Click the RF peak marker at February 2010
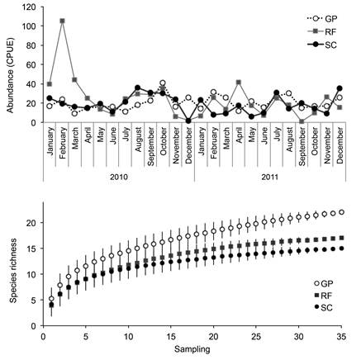tap(62, 21)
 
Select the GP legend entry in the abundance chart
tap(322, 19)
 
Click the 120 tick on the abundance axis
tap(30, 7)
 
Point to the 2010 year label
tap(119, 177)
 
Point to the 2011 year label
tap(270, 177)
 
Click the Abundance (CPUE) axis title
tap(10, 75)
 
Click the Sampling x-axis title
tap(192, 349)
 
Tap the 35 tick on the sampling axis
tap(341, 337)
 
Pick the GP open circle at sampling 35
tap(341, 212)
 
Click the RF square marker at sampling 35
tap(341, 238)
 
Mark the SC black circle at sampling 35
tap(341, 249)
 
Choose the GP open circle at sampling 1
tap(51, 299)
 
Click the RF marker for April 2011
tap(239, 83)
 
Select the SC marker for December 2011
tap(340, 88)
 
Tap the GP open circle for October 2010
tap(163, 83)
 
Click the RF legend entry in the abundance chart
tap(322, 32)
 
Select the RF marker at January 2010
tap(50, 84)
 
